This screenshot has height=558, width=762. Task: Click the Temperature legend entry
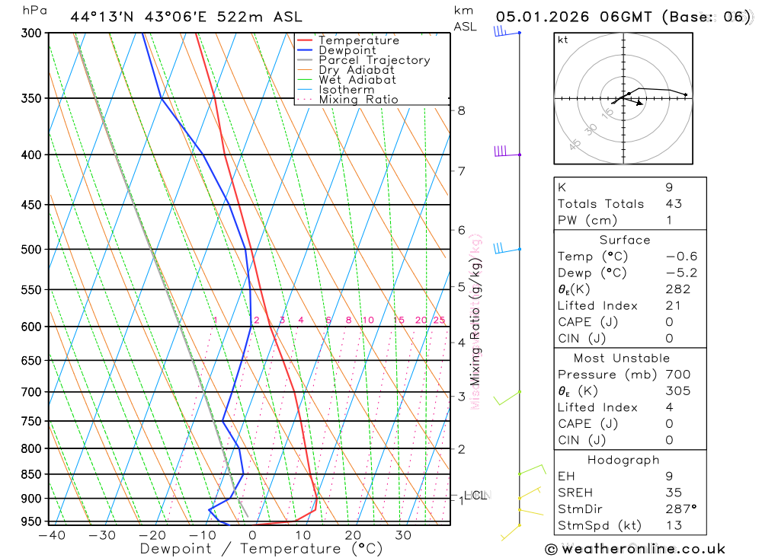point(358,40)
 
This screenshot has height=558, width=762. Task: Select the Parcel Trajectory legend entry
point(373,60)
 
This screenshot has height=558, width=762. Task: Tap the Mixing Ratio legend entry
point(358,100)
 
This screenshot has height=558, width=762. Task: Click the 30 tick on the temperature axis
point(403,535)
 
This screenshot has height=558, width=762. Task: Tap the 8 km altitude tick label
point(462,110)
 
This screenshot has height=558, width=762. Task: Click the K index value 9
point(669,187)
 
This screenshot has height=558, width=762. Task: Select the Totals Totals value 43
point(673,204)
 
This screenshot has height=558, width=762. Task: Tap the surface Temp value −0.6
point(681,257)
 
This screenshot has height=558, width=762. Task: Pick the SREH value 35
point(673,493)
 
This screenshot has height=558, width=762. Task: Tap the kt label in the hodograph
point(563,40)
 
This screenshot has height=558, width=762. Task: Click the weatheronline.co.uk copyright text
point(636,549)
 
